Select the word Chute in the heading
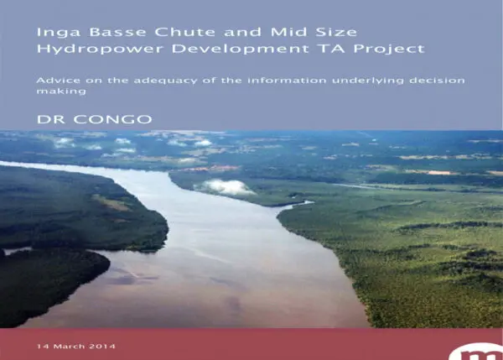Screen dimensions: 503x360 (185, 32)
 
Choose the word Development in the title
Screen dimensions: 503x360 (240, 50)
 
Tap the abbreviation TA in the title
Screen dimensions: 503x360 (332, 49)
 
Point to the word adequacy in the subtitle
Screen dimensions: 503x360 (165, 81)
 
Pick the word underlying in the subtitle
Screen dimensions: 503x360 (368, 81)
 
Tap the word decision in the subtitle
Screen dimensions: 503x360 (437, 80)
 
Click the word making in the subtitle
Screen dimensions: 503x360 (61, 91)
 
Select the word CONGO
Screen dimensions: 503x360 (112, 119)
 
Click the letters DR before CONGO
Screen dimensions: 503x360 (51, 119)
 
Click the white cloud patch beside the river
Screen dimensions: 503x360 (225, 187)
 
